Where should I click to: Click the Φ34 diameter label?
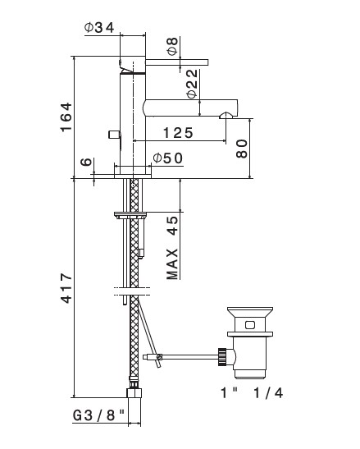pos(99,27)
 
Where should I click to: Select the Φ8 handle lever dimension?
pos(173,46)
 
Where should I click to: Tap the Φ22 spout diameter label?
pos(192,84)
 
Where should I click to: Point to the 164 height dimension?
pos(66,117)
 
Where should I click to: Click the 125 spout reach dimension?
pos(178,133)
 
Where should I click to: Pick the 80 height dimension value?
pos(242,149)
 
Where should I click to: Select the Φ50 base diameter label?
pos(167,158)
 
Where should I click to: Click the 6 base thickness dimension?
pos(86,162)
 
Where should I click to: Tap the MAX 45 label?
pos(172,248)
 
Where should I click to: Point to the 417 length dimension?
pos(66,288)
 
